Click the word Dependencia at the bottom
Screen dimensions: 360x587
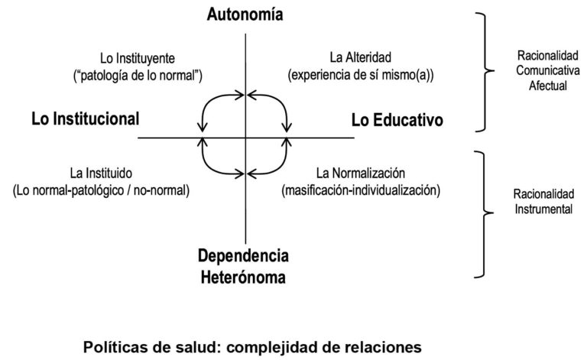click(x=245, y=257)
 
